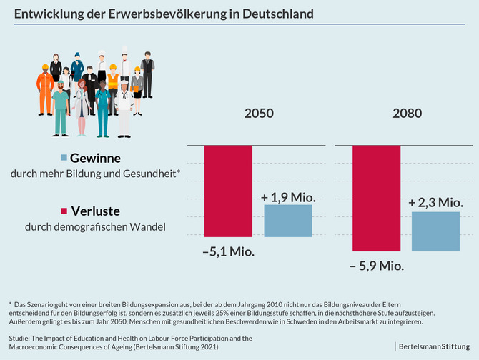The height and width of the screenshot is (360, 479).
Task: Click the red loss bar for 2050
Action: pos(228,191)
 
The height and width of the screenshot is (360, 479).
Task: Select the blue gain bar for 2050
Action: pos(288,221)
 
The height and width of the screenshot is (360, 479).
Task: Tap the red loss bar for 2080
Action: pos(377,198)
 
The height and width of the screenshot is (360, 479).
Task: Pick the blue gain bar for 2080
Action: pos(435,231)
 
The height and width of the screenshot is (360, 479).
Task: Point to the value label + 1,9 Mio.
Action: pos(289,197)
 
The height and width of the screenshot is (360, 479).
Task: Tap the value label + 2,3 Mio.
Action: pos(436,203)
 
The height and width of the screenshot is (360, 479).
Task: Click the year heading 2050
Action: pos(257,114)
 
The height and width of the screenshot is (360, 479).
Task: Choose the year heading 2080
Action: pos(407,114)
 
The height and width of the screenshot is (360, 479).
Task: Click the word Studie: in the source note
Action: pos(21,337)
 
